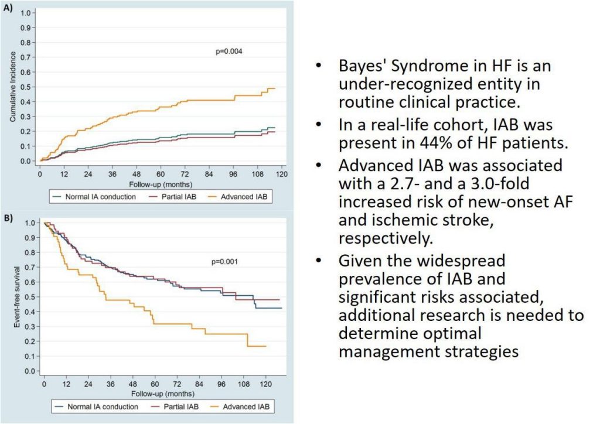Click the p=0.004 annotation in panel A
(229, 52)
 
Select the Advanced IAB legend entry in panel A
(243, 196)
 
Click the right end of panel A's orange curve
(274, 88)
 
